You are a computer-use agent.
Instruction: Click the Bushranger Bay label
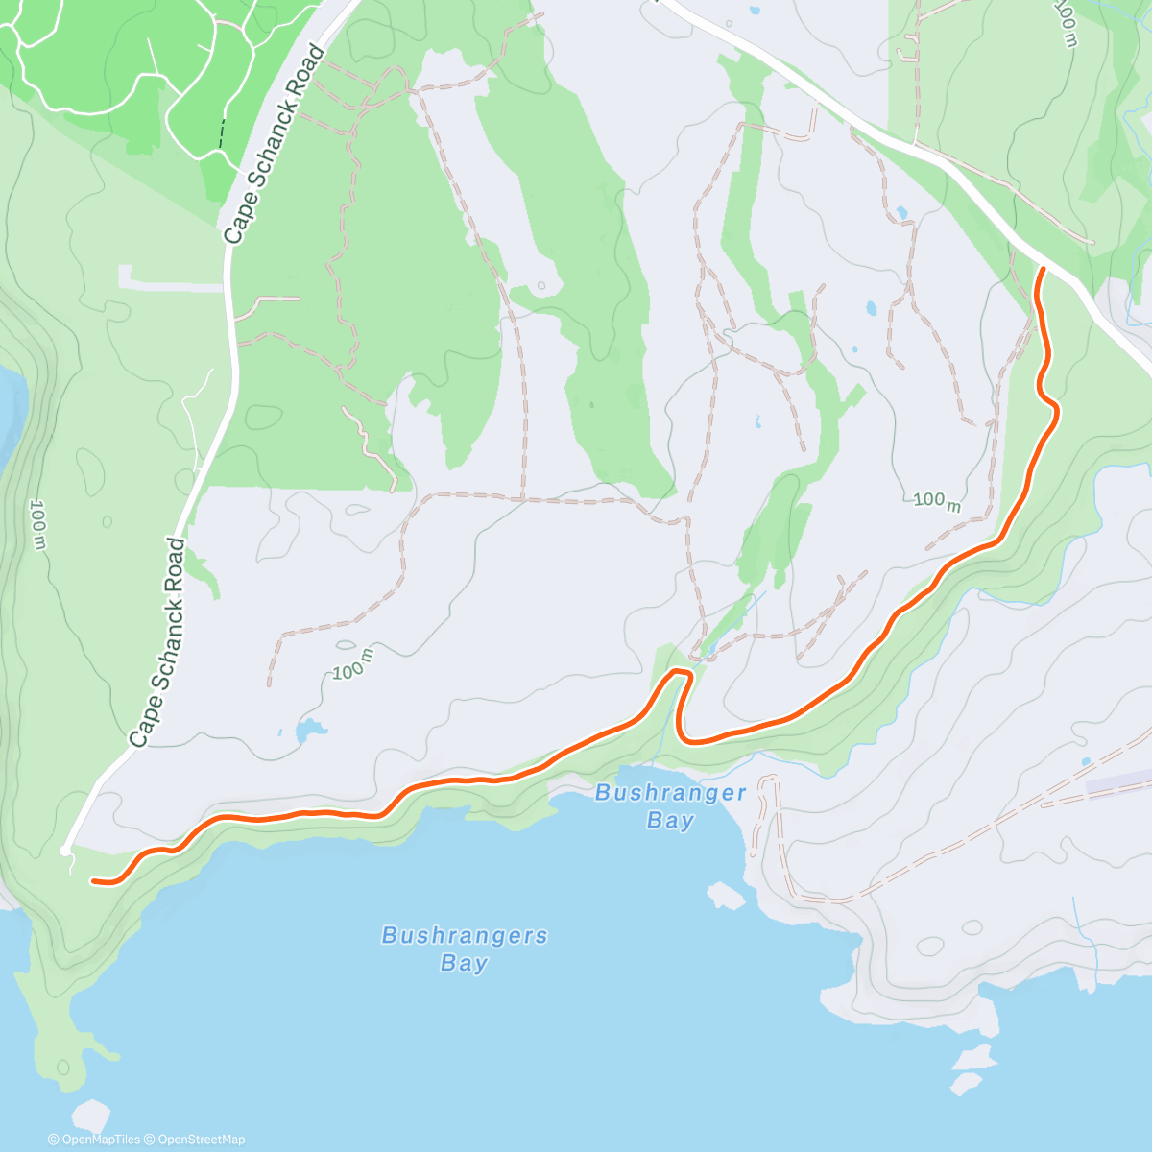670,805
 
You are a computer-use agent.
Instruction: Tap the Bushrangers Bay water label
465,948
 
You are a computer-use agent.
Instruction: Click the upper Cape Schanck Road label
275,144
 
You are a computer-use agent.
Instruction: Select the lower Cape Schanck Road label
158,643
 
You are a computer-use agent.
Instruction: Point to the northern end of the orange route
1043,272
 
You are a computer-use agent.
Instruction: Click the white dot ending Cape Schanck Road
65,850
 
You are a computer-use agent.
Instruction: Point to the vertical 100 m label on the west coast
38,524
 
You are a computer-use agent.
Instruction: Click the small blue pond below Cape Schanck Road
307,731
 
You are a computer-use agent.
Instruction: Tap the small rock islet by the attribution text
91,1116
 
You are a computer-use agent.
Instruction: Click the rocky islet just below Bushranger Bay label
726,895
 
